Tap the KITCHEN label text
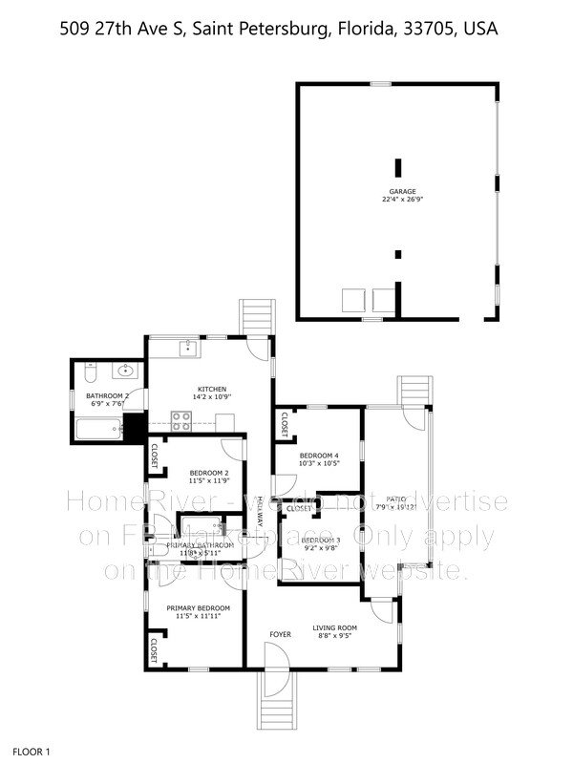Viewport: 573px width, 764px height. [212, 389]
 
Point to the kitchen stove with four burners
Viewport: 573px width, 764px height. [180, 418]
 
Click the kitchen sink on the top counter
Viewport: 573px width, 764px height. [188, 348]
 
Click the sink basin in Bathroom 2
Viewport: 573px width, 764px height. [124, 371]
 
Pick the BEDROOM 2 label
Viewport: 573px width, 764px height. [208, 473]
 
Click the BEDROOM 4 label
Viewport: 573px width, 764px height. [318, 455]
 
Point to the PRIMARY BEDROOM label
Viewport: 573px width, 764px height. [199, 608]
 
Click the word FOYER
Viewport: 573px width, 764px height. [279, 633]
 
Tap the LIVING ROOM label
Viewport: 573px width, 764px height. [335, 627]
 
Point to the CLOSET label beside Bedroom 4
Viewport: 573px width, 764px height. [284, 425]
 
